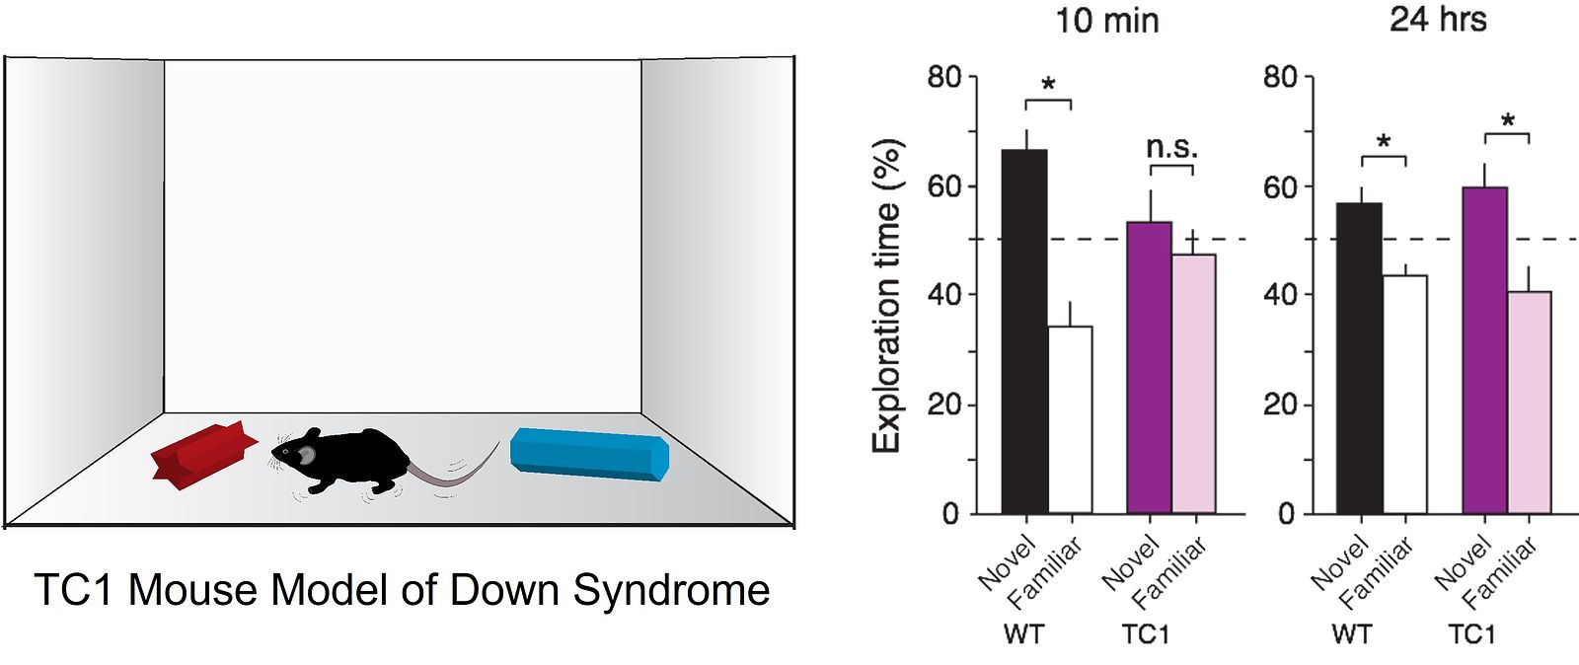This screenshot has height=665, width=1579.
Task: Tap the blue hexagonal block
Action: [x=589, y=455]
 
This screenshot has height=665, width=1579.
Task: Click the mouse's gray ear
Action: [x=307, y=456]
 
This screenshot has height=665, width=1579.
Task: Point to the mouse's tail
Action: [x=455, y=468]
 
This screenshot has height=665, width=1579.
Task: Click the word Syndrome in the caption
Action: [x=670, y=590]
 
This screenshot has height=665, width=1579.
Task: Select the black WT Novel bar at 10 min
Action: [x=1024, y=332]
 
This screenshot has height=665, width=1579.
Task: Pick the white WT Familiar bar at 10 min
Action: [x=1070, y=419]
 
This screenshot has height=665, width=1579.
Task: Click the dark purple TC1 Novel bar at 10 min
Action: [x=1149, y=367]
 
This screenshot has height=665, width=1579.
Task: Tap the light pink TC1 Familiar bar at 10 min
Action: [x=1194, y=383]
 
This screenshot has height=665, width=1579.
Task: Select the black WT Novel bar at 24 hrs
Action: [x=1360, y=358]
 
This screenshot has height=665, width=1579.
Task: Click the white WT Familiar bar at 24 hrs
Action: [x=1405, y=395]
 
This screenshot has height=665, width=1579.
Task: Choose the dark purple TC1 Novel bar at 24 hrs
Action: [x=1484, y=350]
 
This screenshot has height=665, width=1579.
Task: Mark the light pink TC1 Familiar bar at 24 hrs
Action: [x=1530, y=403]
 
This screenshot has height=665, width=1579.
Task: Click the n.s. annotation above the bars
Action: [x=1171, y=147]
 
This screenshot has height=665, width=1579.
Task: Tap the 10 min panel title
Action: [x=1106, y=21]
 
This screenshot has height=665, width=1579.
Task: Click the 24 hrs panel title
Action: [x=1438, y=19]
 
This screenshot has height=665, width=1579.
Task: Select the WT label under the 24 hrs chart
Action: [x=1352, y=634]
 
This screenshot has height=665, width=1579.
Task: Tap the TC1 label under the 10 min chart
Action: [x=1146, y=634]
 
